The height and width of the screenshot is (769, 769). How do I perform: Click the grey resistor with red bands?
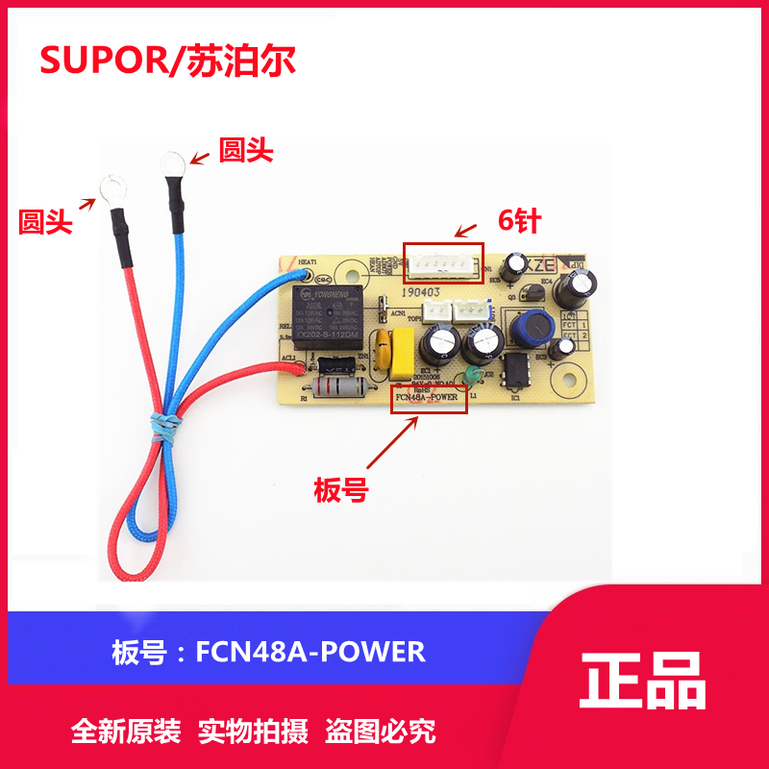coord(343,389)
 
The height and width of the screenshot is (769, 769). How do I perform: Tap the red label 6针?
coord(519,220)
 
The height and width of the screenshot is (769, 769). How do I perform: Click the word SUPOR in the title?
coord(93,60)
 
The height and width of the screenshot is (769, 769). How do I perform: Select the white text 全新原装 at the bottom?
coord(126,732)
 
